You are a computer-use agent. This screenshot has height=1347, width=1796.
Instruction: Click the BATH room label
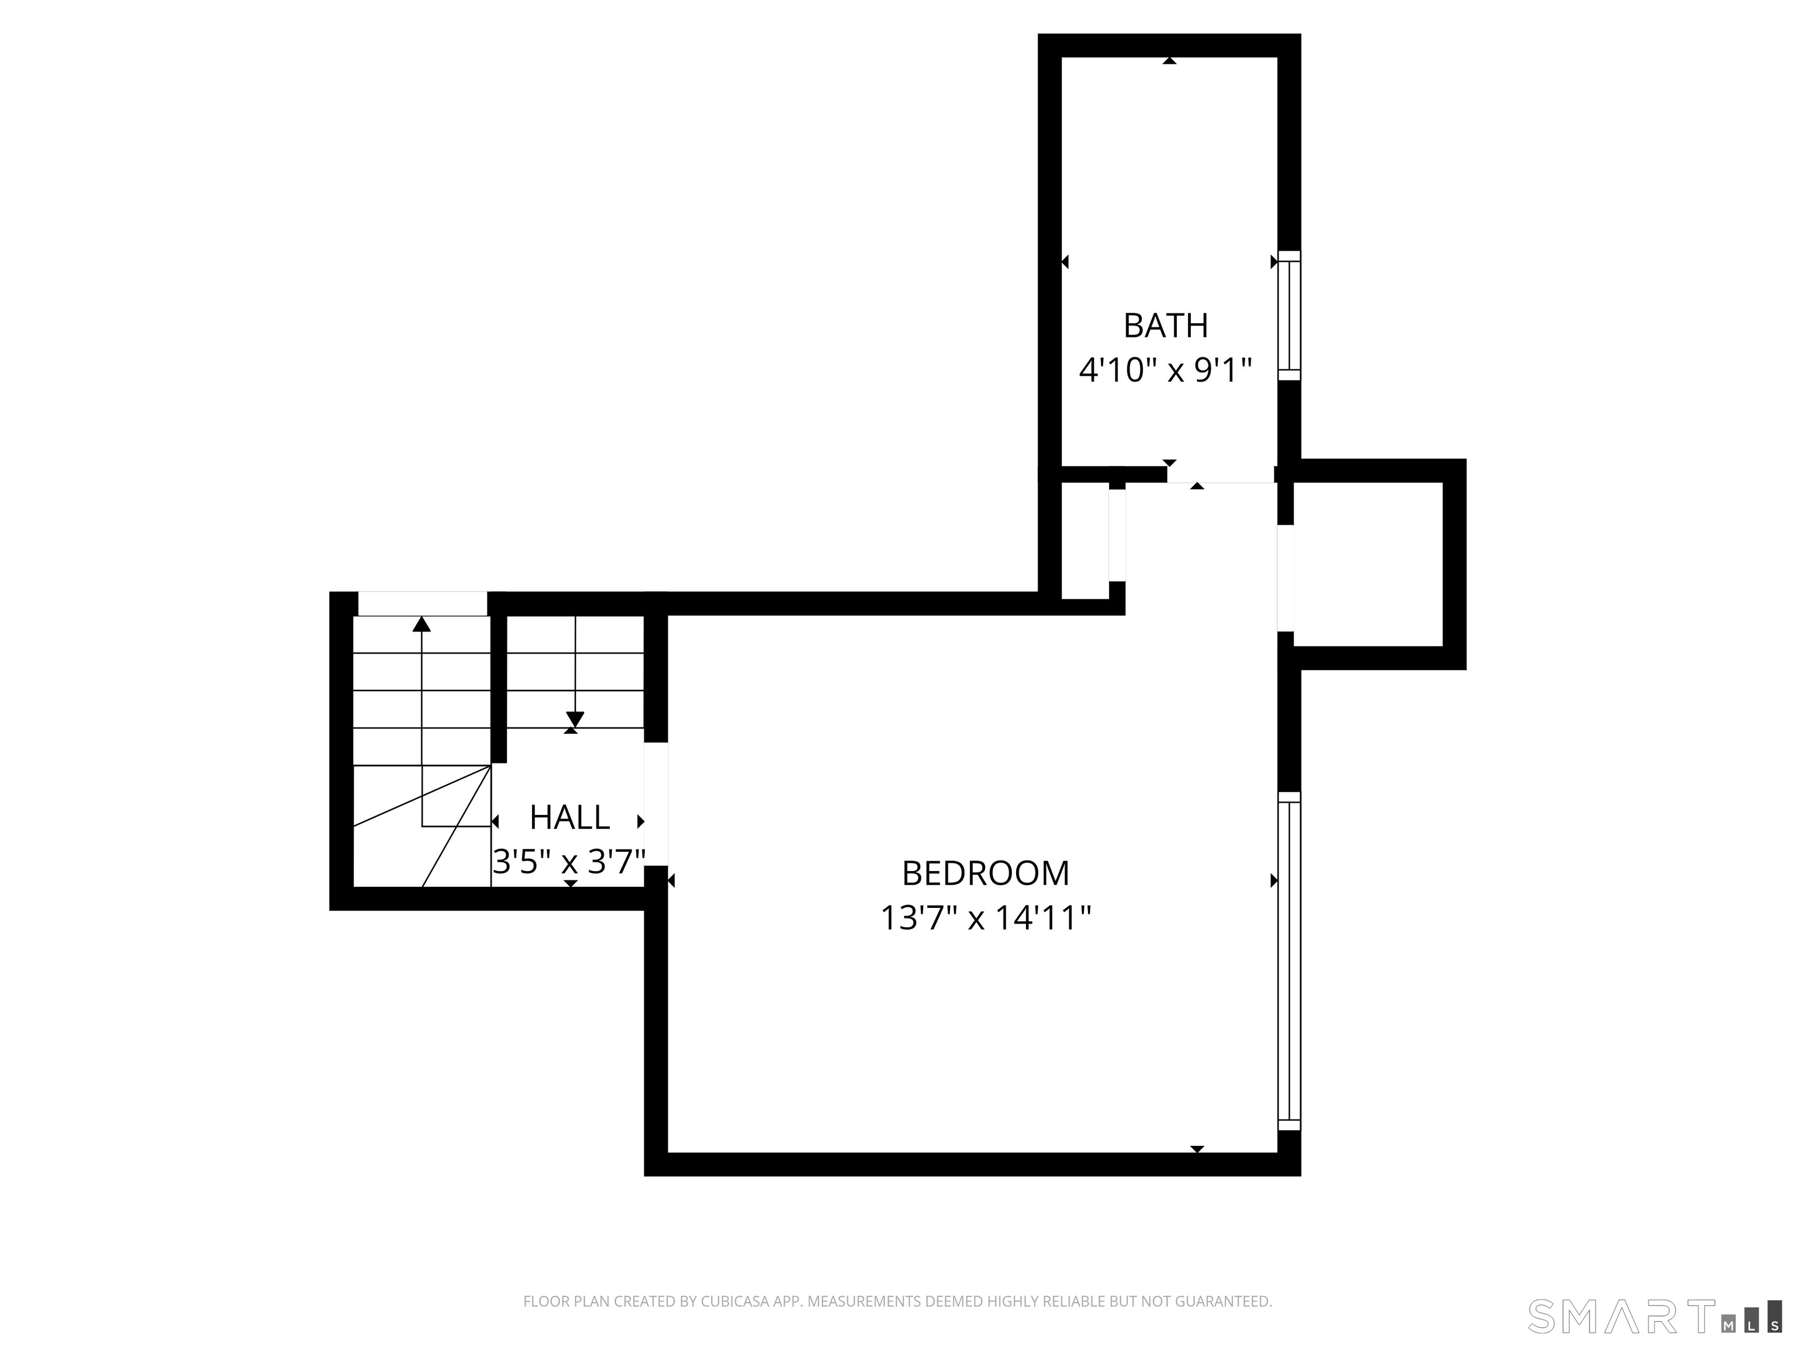coord(1165,326)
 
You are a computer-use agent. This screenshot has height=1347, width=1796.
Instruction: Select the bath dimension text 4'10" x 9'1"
coord(1165,371)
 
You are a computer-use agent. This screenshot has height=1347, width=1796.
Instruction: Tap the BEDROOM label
coord(986,873)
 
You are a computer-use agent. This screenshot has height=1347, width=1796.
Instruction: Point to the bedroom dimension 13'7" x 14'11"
coord(986,919)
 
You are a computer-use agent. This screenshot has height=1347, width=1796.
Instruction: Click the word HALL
coord(569,818)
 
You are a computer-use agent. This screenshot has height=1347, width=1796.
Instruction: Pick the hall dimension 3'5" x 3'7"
coord(569,862)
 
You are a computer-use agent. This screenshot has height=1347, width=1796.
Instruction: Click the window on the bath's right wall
coord(1289,315)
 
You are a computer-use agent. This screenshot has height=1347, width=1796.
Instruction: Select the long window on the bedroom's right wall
coord(1289,961)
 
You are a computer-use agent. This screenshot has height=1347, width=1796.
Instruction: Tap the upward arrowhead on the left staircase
coord(422,624)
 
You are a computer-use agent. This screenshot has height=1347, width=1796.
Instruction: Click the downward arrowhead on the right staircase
coord(575,719)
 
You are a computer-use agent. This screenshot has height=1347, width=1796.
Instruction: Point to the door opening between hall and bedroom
coord(656,804)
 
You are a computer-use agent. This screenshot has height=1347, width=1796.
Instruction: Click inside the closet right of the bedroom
coord(1367,564)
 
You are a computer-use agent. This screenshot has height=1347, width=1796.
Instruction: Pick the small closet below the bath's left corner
coord(1084,541)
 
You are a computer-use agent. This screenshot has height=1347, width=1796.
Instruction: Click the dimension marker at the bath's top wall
coord(1169,60)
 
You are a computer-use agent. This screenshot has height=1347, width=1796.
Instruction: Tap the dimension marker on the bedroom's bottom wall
coord(1197,1149)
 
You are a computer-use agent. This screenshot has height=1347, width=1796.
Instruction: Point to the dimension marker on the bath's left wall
coord(1065,261)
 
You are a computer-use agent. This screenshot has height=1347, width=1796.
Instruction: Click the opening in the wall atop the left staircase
coord(422,603)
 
